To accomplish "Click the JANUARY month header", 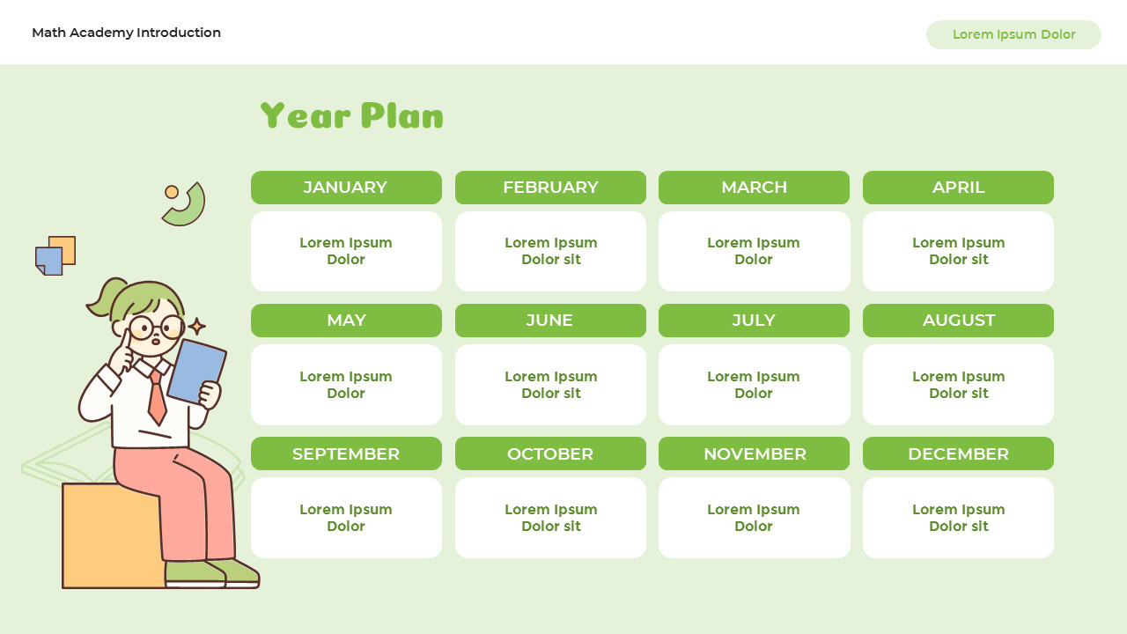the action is pyautogui.click(x=346, y=188).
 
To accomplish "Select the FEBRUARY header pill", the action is pyautogui.click(x=550, y=188).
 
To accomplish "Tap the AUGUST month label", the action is pyautogui.click(x=958, y=320).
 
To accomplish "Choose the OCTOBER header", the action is pyautogui.click(x=550, y=453).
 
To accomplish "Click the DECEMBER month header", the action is pyautogui.click(x=958, y=453).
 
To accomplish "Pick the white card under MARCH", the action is pyautogui.click(x=755, y=251).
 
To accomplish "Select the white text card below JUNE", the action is pyautogui.click(x=550, y=385).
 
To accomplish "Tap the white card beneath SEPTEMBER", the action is pyautogui.click(x=346, y=518).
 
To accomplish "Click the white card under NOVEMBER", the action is pyautogui.click(x=755, y=518).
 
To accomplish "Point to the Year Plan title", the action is pyautogui.click(x=351, y=115).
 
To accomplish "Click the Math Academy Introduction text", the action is pyautogui.click(x=126, y=33).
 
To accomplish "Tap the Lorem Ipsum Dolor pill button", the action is pyautogui.click(x=1013, y=34).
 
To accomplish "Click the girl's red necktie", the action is pyautogui.click(x=157, y=397).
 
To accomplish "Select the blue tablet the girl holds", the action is pyautogui.click(x=196, y=372).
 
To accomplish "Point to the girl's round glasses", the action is pyautogui.click(x=157, y=328).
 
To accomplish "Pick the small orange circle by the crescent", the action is pyautogui.click(x=172, y=192).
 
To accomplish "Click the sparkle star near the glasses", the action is pyautogui.click(x=196, y=327).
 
